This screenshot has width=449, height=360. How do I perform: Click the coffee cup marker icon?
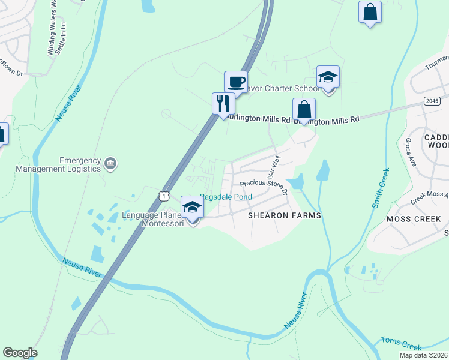pos(236,82)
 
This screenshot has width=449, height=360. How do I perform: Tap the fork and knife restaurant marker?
pos(223,103)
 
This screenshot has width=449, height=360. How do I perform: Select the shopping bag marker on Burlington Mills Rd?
pos(304,110)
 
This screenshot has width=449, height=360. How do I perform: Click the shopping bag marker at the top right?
pos(370,12)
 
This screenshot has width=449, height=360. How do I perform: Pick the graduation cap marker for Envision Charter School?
pos(328,77)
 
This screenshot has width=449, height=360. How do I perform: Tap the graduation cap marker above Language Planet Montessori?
pos(192,208)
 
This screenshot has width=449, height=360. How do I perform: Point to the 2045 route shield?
pos(431,100)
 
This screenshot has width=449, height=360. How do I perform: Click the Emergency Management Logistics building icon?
pos(110,163)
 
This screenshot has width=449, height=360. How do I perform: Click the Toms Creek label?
pos(401,344)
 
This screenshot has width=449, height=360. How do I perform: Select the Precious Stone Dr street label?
pos(264,188)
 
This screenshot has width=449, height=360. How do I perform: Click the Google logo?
pos(20,353)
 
